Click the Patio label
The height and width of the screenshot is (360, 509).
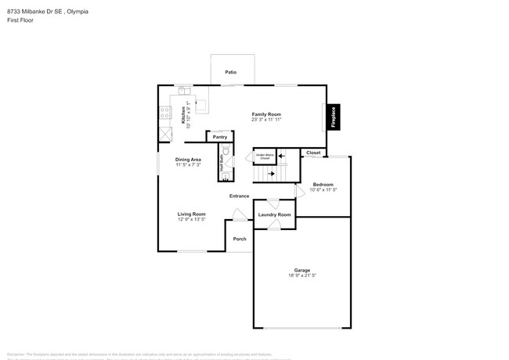pos(231,72)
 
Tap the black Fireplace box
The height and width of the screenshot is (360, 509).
pos(333,117)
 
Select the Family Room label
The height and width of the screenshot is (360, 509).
pos(266,114)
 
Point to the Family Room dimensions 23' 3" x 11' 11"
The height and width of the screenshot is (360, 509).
pos(266,121)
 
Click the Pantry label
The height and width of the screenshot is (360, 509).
pos(220,137)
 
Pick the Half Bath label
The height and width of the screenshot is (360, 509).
pos(222,165)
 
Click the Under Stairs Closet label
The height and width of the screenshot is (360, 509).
pos(264,157)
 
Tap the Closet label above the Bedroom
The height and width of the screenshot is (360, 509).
pos(313,153)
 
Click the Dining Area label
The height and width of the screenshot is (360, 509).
pos(188,159)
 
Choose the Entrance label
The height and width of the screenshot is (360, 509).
pos(239,196)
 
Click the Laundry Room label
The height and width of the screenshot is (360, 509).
pos(274,214)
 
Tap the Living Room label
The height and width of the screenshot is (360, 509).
pos(192,214)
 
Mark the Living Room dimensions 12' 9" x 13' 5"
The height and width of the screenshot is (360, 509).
pos(192,220)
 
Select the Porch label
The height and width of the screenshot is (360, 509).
pos(240,239)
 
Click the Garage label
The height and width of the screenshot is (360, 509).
pos(301,270)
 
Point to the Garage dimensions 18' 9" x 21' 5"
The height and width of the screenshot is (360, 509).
pos(301,276)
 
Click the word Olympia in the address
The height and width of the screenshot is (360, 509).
pos(78,11)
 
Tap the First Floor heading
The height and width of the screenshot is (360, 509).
pos(21,20)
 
